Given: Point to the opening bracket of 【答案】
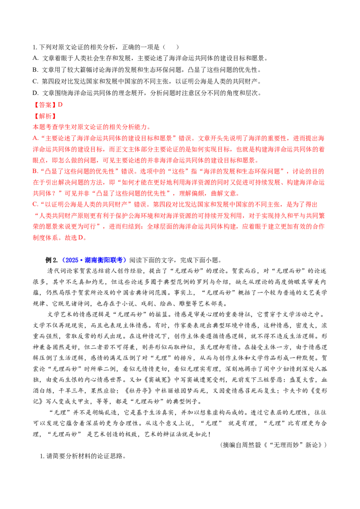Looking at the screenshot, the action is (x=35, y=104).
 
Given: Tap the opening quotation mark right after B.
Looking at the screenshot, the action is (x=42, y=170).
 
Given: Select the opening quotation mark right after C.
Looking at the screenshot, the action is (x=42, y=204).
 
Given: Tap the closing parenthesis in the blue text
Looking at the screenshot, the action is (x=126, y=260).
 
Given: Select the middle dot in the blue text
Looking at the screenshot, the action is (x=81, y=260).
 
